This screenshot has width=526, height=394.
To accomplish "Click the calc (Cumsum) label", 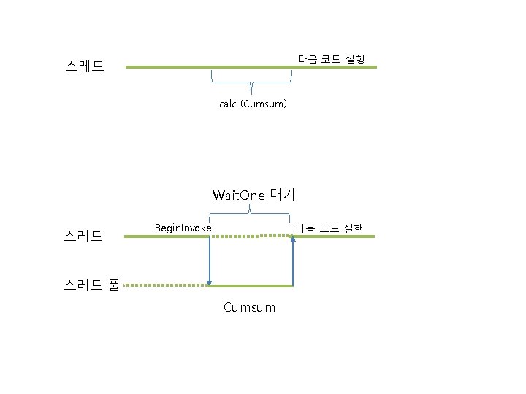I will click(253, 104).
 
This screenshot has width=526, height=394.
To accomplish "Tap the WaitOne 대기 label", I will click(253, 195).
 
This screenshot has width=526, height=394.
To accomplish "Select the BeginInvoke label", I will click(183, 228).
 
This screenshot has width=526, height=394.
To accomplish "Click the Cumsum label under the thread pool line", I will click(250, 307).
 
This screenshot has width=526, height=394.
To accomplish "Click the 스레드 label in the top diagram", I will click(84, 67).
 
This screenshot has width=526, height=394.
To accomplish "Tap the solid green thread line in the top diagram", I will click(168, 67).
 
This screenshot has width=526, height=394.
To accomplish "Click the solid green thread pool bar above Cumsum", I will click(251, 285).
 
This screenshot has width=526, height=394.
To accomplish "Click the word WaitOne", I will click(238, 196).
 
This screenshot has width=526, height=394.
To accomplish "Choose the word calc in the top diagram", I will click(228, 104).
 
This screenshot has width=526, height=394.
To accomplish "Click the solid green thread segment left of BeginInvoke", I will click(167, 236).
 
